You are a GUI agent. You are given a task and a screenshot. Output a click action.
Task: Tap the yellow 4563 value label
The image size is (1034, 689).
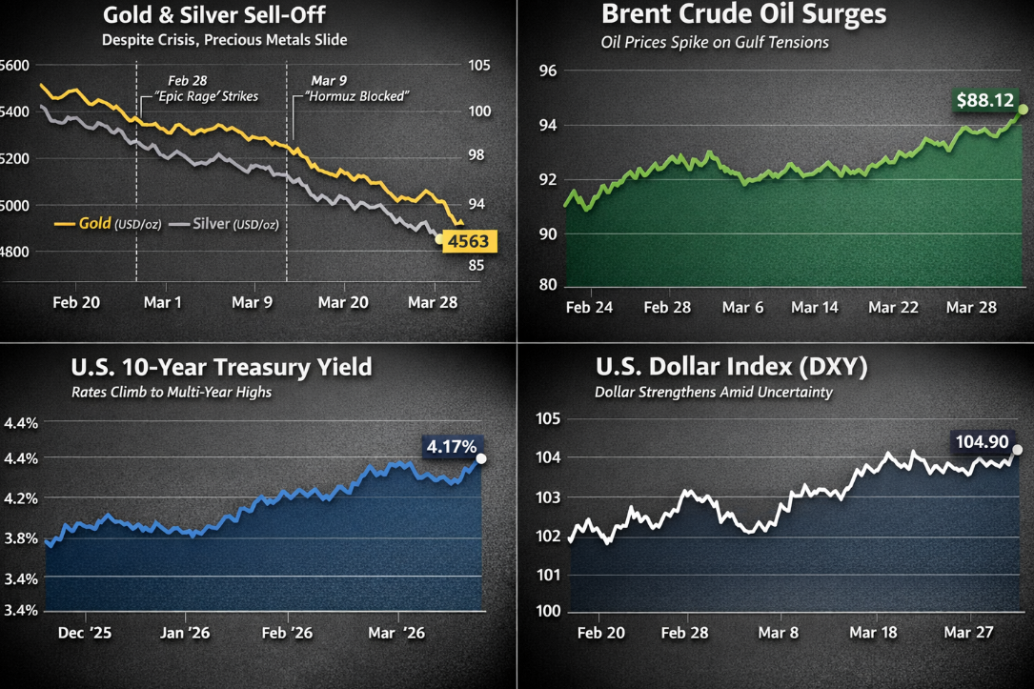(468, 241)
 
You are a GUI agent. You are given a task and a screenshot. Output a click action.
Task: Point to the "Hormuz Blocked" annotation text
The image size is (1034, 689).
(356, 96)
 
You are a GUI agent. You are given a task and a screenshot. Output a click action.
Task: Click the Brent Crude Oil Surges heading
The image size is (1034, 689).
(743, 15)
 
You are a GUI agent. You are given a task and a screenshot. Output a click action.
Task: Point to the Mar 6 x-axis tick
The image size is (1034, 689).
(742, 308)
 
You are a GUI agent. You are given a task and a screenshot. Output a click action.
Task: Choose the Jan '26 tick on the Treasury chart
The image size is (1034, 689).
(185, 633)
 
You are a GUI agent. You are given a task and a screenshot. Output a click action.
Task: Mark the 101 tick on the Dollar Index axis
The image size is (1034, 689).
(547, 575)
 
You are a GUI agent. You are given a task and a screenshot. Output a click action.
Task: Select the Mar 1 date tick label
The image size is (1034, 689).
(163, 302)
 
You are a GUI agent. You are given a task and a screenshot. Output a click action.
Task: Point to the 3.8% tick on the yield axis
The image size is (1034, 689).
(21, 537)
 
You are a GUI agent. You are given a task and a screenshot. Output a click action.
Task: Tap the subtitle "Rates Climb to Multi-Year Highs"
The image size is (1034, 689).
(171, 392)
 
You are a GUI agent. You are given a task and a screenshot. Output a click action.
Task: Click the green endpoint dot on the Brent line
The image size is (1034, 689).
(1023, 110)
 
